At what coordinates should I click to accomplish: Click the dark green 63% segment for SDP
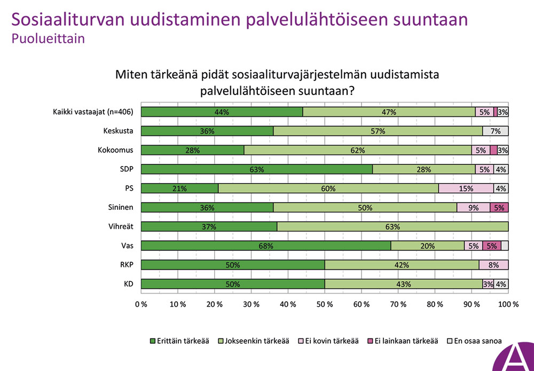(x=257, y=169)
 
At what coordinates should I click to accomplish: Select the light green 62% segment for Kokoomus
(x=358, y=150)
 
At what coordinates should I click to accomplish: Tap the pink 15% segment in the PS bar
(x=466, y=188)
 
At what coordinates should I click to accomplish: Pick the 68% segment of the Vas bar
(x=266, y=246)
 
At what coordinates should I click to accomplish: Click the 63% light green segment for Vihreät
(x=392, y=226)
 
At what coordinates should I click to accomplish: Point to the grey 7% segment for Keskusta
(x=495, y=131)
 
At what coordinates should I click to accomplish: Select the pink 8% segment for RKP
(x=493, y=265)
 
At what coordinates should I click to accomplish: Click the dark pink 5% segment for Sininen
(x=499, y=207)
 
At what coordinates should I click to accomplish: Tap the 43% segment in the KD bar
(x=403, y=284)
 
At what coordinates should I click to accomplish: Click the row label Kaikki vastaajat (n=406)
(x=92, y=112)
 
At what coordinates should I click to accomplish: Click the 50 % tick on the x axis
(x=325, y=305)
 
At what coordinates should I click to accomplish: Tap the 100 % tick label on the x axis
(x=507, y=305)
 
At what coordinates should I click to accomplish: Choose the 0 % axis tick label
(x=141, y=305)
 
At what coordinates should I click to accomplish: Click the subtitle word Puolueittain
(x=48, y=39)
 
